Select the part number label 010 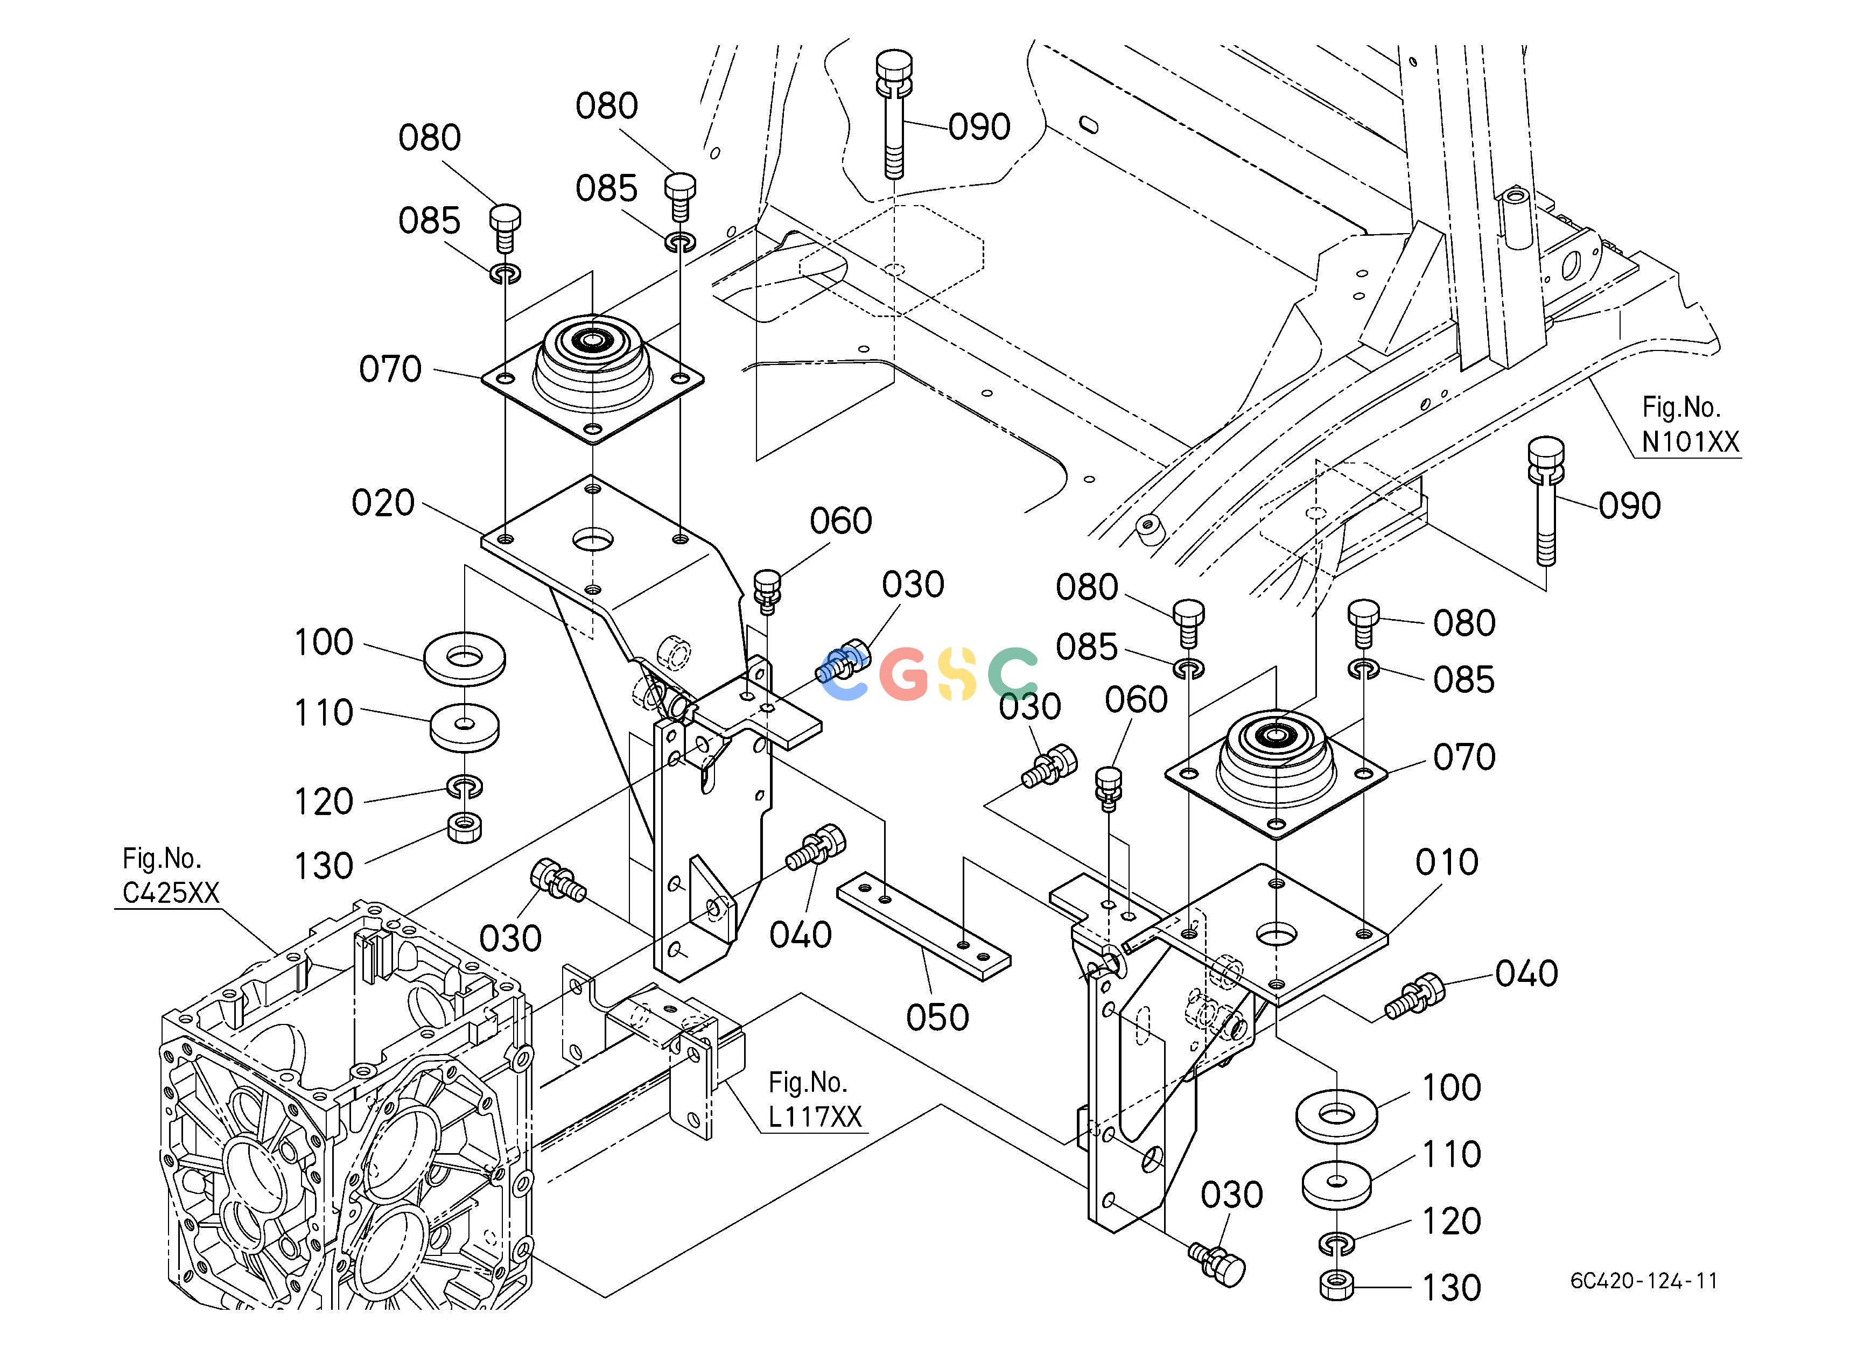(x=1447, y=862)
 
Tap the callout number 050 (x=937, y=1018)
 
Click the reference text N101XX (x=1690, y=442)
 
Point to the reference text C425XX (x=171, y=892)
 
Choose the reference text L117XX (x=815, y=1117)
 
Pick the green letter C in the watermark (x=1013, y=673)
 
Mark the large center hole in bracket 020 (x=594, y=539)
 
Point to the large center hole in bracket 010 (x=1277, y=932)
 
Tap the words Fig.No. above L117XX (x=807, y=1083)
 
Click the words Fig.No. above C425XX (x=162, y=859)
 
